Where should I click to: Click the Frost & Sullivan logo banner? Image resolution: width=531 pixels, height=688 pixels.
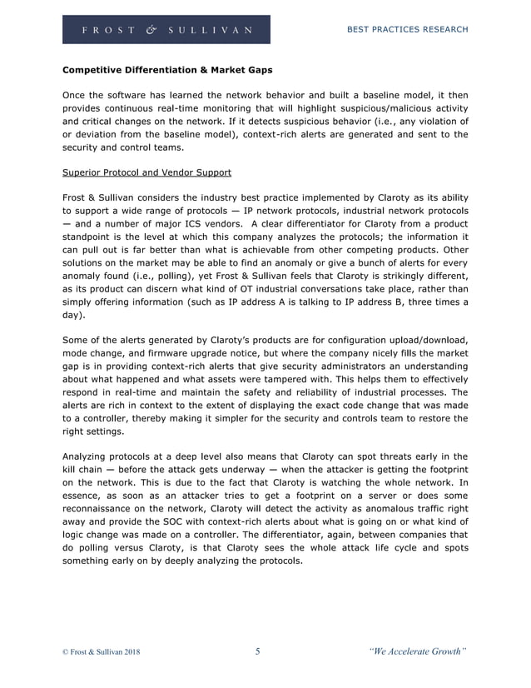pos(166,30)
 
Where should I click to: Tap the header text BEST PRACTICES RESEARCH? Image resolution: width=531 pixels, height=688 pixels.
pos(407,30)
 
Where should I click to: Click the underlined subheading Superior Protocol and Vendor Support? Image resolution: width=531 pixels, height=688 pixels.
pos(147,173)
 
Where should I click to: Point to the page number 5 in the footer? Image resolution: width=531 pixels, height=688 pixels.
pos(257,651)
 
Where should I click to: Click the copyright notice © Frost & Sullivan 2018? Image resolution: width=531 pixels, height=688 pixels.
pos(102,652)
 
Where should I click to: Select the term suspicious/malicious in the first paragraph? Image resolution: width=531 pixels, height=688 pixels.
pos(375,107)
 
